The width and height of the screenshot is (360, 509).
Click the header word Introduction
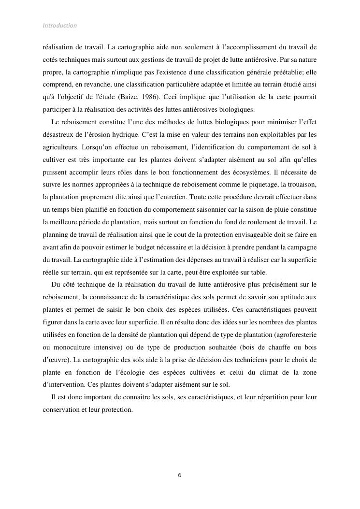(59, 26)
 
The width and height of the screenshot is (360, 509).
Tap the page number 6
(180, 475)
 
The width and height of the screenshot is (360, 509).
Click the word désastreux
(61, 135)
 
